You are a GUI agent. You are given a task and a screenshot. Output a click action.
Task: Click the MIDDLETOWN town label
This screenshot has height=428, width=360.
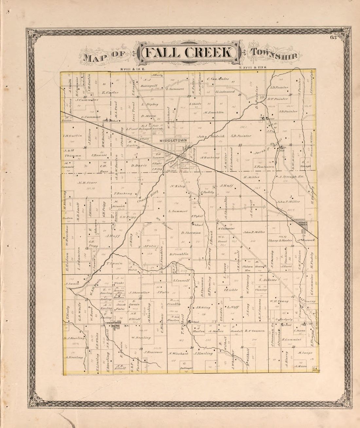173,140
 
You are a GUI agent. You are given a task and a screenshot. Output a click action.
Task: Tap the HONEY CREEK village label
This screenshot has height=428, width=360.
301,222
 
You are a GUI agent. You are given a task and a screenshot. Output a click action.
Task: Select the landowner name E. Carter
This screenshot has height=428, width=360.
110,93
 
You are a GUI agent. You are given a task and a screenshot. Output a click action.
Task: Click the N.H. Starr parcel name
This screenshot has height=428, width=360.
86,183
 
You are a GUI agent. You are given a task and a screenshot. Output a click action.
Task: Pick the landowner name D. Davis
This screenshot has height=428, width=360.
139,165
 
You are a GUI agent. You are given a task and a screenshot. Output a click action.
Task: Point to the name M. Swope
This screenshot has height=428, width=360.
305,352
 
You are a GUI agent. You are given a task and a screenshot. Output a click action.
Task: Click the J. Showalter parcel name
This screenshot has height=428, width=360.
139,293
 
